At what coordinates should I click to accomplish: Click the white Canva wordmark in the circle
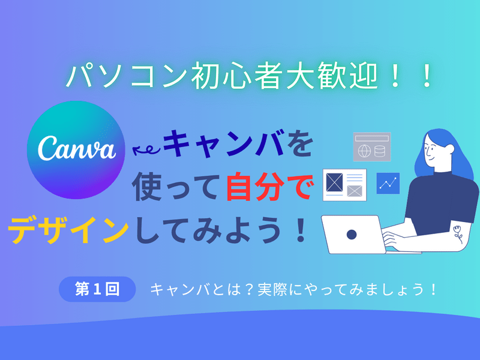pyautogui.click(x=77, y=148)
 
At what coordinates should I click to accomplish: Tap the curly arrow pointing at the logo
pyautogui.click(x=146, y=149)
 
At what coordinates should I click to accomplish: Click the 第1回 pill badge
pyautogui.click(x=97, y=289)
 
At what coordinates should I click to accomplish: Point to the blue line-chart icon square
pyautogui.click(x=388, y=183)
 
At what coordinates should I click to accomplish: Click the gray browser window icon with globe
pyautogui.click(x=372, y=146)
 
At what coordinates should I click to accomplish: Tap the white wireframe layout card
pyautogui.click(x=344, y=185)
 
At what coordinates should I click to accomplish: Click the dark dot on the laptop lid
pyautogui.click(x=352, y=235)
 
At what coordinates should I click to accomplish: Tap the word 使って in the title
pyautogui.click(x=176, y=187)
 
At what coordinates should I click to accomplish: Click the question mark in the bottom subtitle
pyautogui.click(x=249, y=290)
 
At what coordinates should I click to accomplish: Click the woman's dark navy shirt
pyautogui.click(x=441, y=203)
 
